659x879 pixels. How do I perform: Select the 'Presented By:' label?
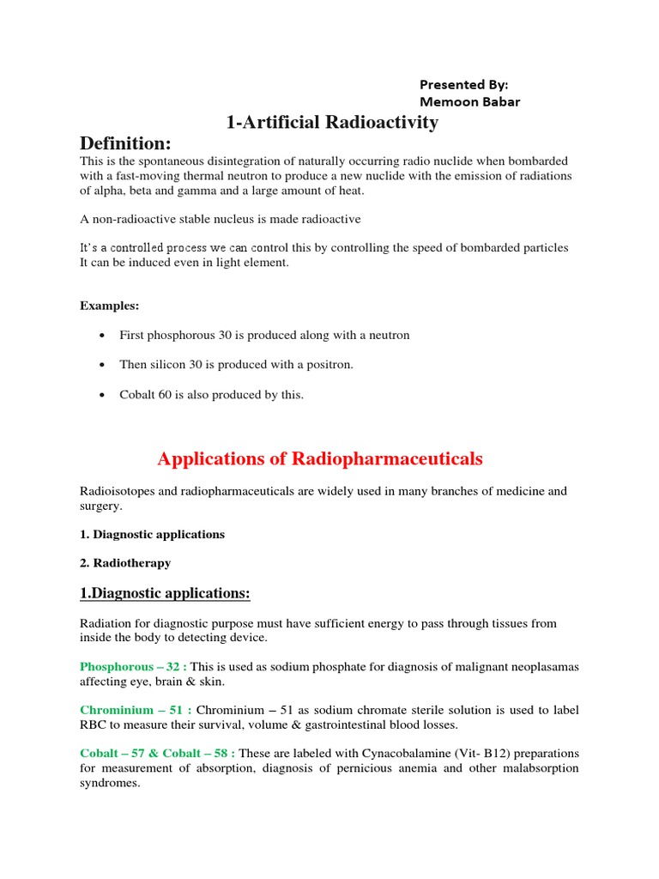coord(463,84)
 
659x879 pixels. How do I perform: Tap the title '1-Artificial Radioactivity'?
coord(332,123)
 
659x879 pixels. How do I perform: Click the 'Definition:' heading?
coord(125,142)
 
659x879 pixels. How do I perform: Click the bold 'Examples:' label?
coord(110,306)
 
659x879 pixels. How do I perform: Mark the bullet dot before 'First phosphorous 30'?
coord(103,336)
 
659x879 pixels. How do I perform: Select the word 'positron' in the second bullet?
coord(325,365)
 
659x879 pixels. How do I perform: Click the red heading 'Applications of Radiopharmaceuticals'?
coord(320,459)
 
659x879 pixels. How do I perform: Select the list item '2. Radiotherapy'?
coord(125,563)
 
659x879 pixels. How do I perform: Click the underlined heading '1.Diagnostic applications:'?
coord(165,593)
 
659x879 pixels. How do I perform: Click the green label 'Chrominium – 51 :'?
coord(134,710)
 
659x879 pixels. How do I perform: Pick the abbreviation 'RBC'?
coord(94,724)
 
